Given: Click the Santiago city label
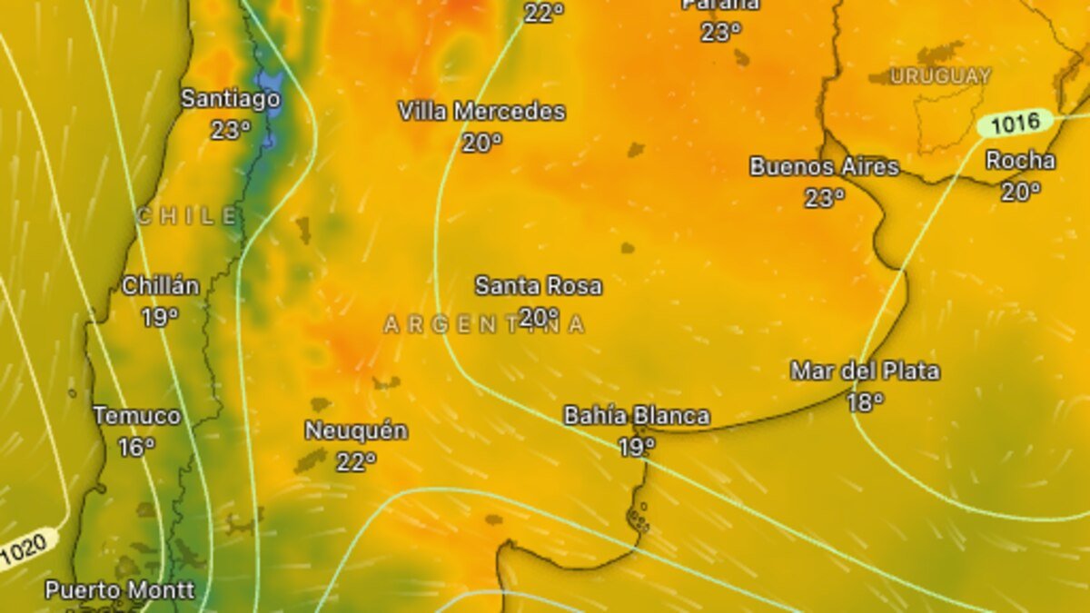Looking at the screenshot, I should click(231, 98).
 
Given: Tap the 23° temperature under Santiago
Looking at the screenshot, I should click(231, 130).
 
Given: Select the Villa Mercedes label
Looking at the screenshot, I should click(481, 112).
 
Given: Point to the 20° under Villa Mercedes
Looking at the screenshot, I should click(481, 143).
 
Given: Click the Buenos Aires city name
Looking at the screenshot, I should click(824, 167).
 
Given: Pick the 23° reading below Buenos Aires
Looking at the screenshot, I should click(824, 197).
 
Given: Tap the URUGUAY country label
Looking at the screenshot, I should click(940, 76).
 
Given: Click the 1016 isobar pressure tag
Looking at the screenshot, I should click(1015, 124).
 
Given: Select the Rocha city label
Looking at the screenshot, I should click(1021, 161).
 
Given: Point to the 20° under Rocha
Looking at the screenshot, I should click(1021, 192).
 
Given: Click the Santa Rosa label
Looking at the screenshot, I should click(538, 286).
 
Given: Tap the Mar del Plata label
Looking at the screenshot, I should click(865, 371).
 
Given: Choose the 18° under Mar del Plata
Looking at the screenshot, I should click(865, 401).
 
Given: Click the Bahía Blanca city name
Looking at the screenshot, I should click(637, 416).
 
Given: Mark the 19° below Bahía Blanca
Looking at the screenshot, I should click(637, 447).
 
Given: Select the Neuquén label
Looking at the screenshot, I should click(356, 430).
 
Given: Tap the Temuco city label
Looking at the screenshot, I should click(137, 416).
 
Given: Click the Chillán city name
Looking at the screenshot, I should click(161, 286).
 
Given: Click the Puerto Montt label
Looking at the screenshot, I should click(120, 590).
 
